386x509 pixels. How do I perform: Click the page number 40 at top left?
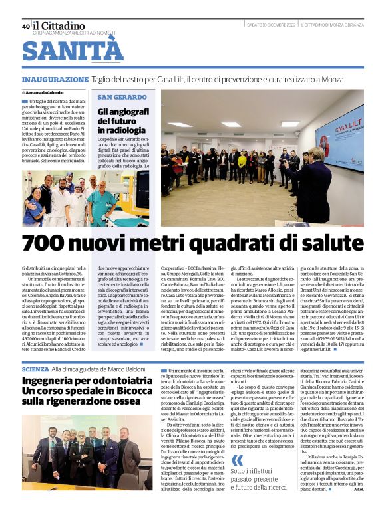coord(25,27)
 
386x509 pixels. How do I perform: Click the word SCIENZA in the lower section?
coord(35,368)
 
